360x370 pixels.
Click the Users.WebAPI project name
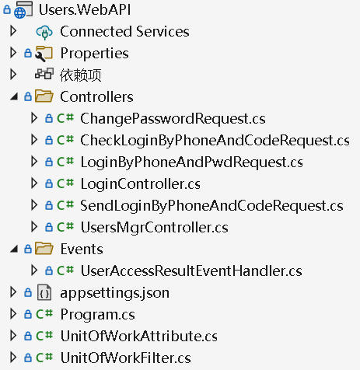point(85,9)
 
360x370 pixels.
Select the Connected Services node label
point(124,32)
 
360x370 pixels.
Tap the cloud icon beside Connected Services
point(44,32)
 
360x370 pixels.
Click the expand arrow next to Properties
point(13,53)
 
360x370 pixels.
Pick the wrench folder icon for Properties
point(44,54)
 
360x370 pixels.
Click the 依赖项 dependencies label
point(81,75)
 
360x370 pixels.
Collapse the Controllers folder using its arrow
point(14,97)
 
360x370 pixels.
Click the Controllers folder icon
point(44,96)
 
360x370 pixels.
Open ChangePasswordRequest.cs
point(173,119)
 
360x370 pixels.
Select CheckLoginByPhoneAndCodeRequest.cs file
point(215,141)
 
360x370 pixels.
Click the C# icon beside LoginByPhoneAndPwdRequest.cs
point(65,162)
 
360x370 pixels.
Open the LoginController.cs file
point(141,184)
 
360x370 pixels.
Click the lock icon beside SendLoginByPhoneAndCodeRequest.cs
point(49,205)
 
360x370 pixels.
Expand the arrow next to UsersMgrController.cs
point(34,227)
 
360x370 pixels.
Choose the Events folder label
point(82,250)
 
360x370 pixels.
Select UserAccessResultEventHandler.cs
point(191,271)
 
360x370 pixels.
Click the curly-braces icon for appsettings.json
point(44,293)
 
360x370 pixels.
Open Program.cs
point(98,315)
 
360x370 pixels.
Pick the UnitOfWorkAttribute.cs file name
point(139,337)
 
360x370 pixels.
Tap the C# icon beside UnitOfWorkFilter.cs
point(44,358)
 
